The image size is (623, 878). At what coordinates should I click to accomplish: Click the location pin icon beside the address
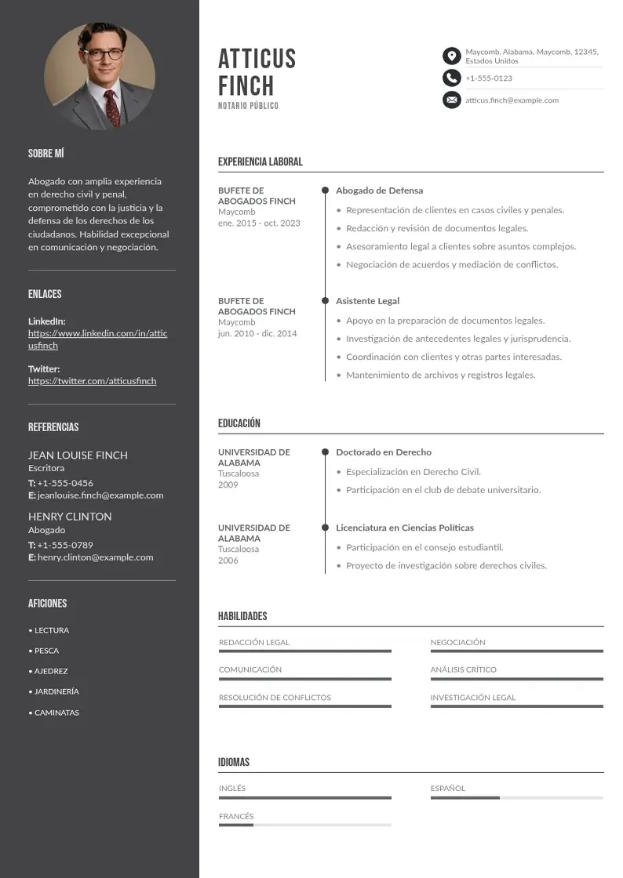point(451,56)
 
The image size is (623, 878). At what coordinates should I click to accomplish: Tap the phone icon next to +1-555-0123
point(451,78)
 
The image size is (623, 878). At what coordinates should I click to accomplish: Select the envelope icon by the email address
point(451,100)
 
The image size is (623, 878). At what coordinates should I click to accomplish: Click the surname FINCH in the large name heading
point(246,85)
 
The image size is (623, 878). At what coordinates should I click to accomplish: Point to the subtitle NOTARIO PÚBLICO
point(248,106)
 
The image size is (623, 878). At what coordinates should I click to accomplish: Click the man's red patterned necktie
point(112,107)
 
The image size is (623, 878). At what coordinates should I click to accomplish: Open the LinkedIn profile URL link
point(97,339)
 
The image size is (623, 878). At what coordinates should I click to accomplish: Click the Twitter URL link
point(92,381)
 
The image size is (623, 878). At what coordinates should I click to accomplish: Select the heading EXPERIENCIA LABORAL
point(260,162)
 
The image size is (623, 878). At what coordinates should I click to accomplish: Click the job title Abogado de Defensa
point(379,190)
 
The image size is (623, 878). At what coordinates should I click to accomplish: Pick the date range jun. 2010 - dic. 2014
point(257,333)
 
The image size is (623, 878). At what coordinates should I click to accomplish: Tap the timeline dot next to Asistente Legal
point(325,300)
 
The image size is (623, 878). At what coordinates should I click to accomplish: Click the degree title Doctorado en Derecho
point(384,452)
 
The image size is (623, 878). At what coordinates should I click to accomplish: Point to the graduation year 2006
point(228,561)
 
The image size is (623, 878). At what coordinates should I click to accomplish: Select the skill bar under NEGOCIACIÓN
point(516,651)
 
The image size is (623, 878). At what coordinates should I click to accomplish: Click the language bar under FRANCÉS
point(304,825)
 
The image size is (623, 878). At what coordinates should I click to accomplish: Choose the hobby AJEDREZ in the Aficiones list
point(51,671)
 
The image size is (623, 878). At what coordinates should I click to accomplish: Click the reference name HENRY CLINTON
point(70,517)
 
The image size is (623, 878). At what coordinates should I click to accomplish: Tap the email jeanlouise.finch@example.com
point(100,495)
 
